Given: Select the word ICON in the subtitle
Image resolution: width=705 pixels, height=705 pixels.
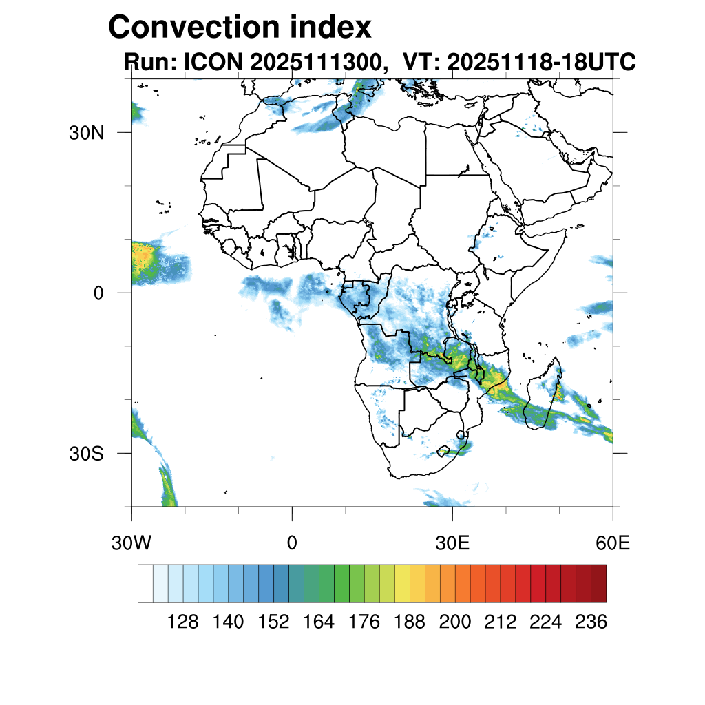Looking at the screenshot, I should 209,62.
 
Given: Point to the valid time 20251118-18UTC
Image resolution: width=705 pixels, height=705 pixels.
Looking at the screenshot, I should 540,62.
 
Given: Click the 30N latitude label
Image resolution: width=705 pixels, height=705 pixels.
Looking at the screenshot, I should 87,133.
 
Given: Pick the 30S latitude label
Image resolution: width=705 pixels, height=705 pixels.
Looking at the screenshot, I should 87,454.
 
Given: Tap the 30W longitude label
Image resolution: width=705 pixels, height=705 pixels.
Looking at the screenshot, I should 131,543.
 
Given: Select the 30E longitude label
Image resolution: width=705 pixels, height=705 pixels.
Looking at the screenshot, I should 452,543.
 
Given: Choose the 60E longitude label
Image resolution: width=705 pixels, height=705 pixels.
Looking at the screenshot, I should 613,543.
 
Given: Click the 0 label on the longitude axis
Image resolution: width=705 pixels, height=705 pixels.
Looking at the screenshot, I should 292,543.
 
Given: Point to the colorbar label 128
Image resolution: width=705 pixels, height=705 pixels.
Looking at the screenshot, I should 183,622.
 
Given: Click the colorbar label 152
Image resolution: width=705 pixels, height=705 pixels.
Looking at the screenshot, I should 273,622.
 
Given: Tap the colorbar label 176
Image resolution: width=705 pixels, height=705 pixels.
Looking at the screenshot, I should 364,622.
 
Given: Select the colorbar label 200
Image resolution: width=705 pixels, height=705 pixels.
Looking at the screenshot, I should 455,622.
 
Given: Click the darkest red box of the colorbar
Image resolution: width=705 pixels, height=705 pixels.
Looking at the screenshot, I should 598,583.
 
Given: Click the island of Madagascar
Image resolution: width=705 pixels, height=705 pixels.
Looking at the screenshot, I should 544,399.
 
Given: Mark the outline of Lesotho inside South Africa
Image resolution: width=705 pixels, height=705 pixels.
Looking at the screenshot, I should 444,451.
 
